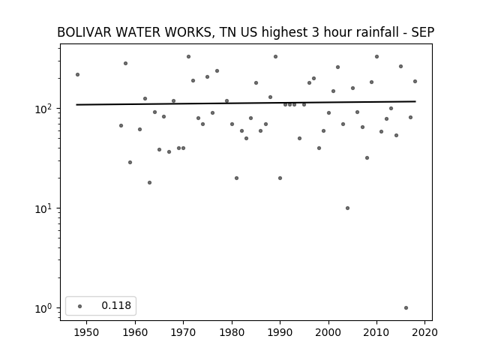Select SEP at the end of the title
(423, 32)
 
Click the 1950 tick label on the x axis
(86, 332)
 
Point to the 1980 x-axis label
(232, 332)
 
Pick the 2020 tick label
(424, 332)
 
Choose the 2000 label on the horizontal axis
(328, 332)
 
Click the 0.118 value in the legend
(116, 305)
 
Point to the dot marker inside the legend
(80, 306)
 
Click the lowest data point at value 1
(406, 308)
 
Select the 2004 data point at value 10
(347, 208)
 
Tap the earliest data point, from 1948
(77, 75)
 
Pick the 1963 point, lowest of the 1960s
(149, 183)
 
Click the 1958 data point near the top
(125, 63)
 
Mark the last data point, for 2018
(415, 82)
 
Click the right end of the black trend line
(415, 101)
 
